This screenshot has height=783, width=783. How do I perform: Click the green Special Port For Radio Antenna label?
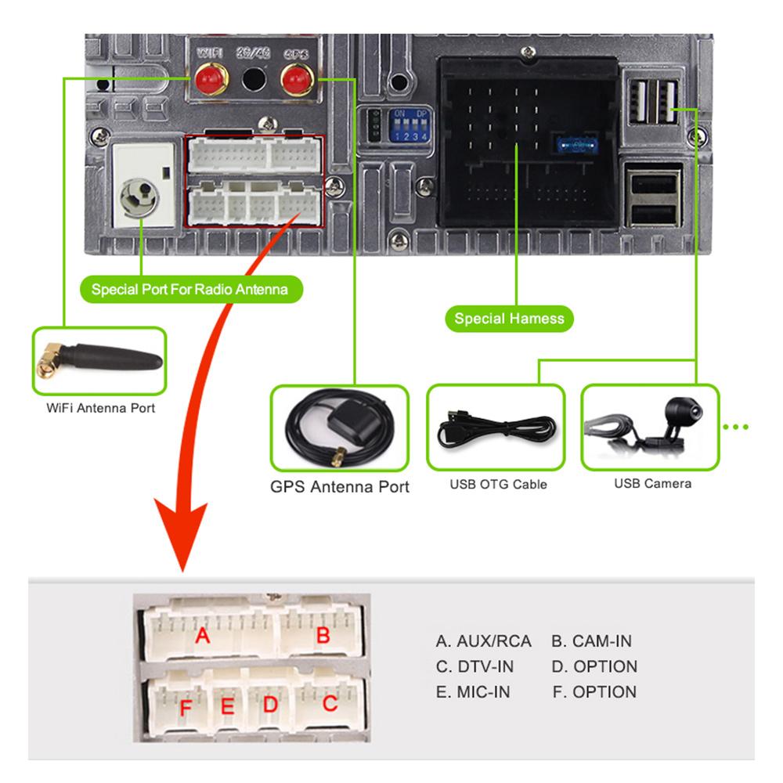pyautogui.click(x=189, y=290)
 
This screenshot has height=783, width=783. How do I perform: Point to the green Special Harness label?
pyautogui.click(x=509, y=319)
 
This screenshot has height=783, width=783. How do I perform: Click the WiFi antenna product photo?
pyautogui.click(x=99, y=360)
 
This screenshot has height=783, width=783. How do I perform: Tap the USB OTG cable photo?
pyautogui.click(x=496, y=428)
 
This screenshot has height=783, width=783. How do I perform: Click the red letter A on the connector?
pyautogui.click(x=203, y=636)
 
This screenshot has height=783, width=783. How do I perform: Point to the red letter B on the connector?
pyautogui.click(x=323, y=635)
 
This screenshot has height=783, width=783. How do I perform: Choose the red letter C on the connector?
pyautogui.click(x=330, y=704)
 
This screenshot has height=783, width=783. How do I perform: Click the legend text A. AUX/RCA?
pyautogui.click(x=483, y=641)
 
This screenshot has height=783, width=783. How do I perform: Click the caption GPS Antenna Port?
pyautogui.click(x=339, y=486)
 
